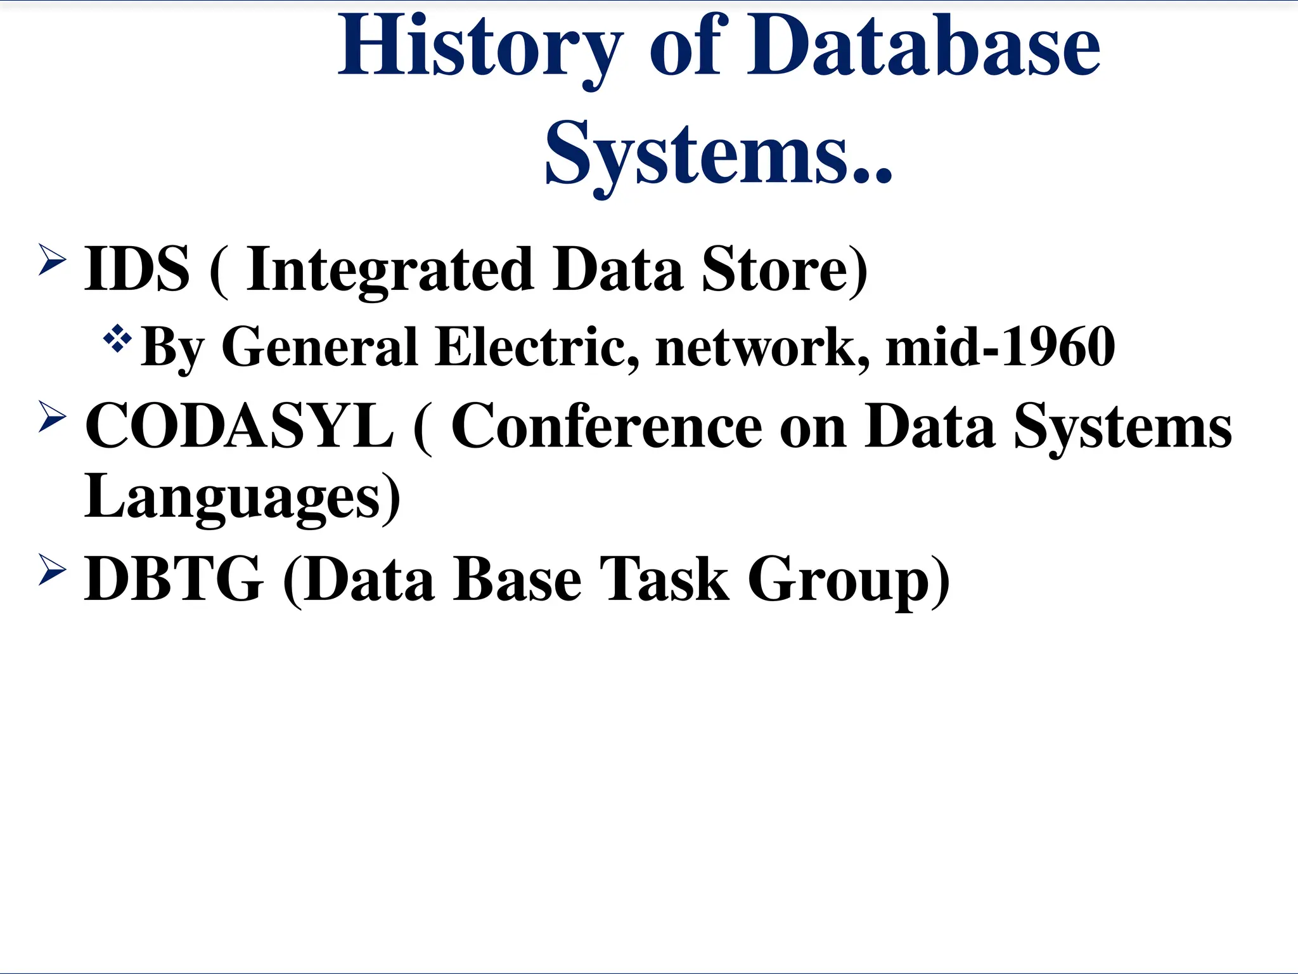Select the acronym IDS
(x=137, y=269)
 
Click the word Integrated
(x=389, y=269)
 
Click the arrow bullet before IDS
(x=52, y=259)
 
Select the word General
(x=319, y=347)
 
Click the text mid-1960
(x=1000, y=347)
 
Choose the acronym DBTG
(x=173, y=579)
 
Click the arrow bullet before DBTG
(x=52, y=569)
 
